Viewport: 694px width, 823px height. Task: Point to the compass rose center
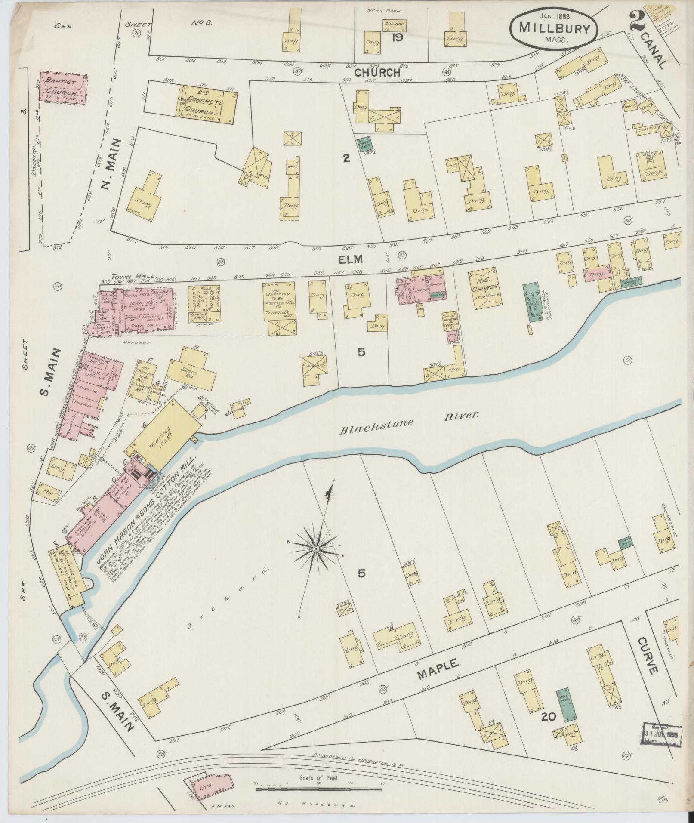316,549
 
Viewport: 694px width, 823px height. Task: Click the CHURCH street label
377,73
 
